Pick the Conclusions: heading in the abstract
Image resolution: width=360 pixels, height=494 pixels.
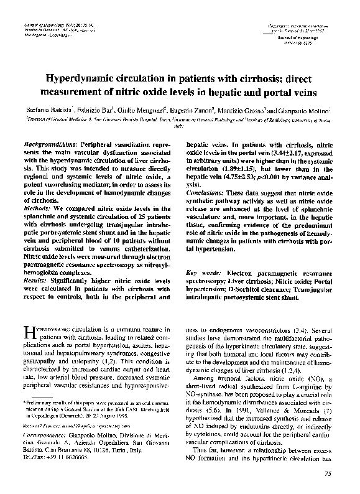(x=210, y=193)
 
